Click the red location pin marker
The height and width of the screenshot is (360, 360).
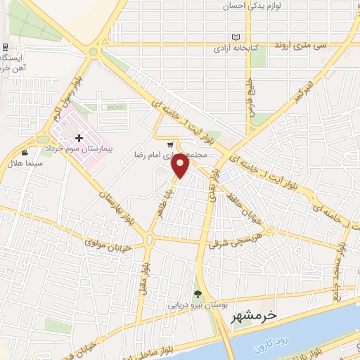point(181,165)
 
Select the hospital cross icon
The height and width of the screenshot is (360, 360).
point(78,139)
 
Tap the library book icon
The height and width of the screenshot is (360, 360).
point(236,37)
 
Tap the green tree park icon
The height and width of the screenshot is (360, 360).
point(198,295)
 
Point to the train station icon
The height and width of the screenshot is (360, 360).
point(5,46)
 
